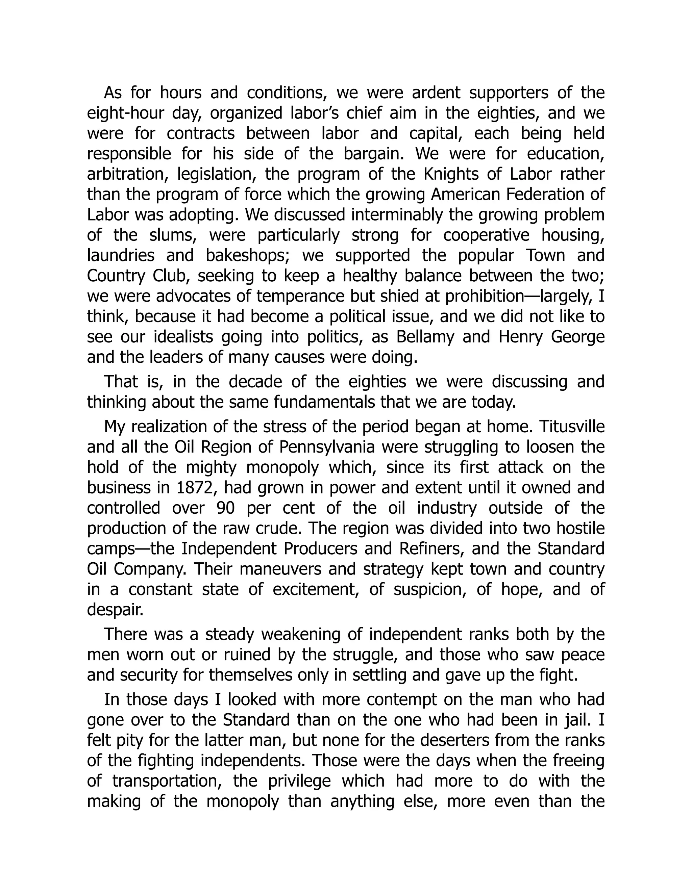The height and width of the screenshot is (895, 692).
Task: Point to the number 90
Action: [x=225, y=508]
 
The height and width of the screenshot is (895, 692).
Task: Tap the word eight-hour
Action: [x=125, y=113]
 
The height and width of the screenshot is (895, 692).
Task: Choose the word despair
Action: [x=115, y=610]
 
